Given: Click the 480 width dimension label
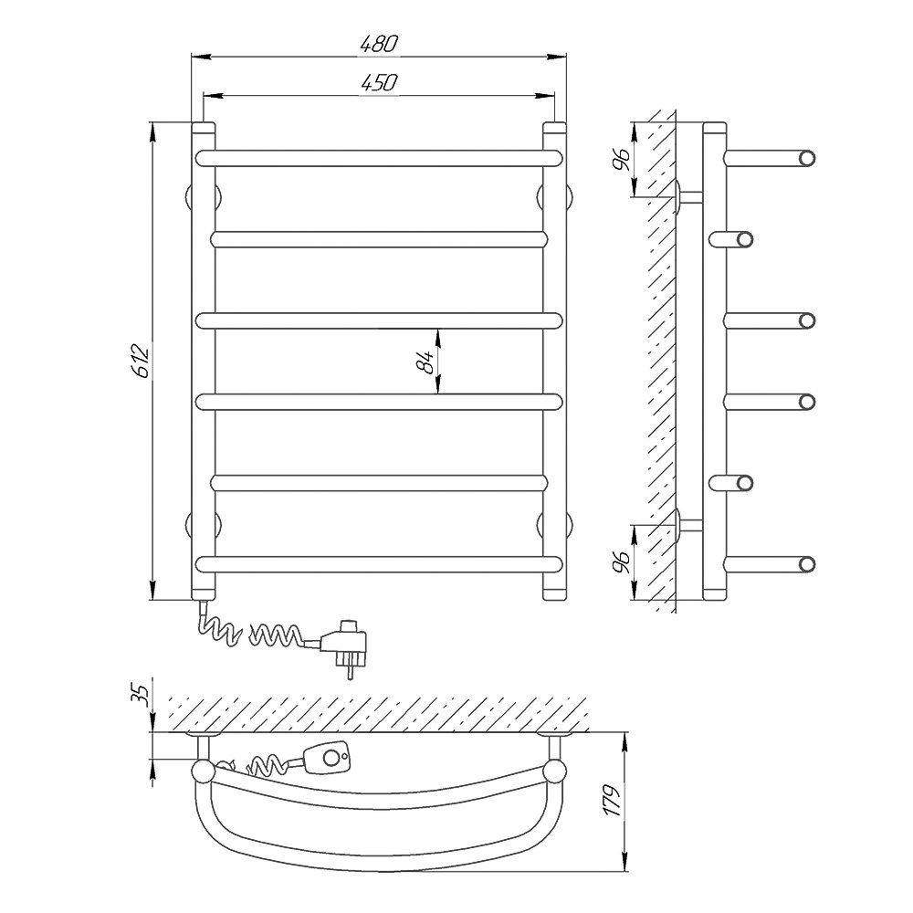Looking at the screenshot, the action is tap(379, 45).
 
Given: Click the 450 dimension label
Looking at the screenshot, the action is tap(379, 83).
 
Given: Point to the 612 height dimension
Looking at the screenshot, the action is tap(142, 361).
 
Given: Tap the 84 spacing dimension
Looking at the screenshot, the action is tap(425, 362).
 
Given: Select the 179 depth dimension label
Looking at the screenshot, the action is tap(611, 800).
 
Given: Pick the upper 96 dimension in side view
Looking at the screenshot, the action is tap(621, 159).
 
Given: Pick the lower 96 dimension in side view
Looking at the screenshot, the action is tap(621, 561).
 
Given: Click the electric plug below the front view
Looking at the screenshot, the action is tap(346, 645).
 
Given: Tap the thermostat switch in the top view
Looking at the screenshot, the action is tap(327, 757).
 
